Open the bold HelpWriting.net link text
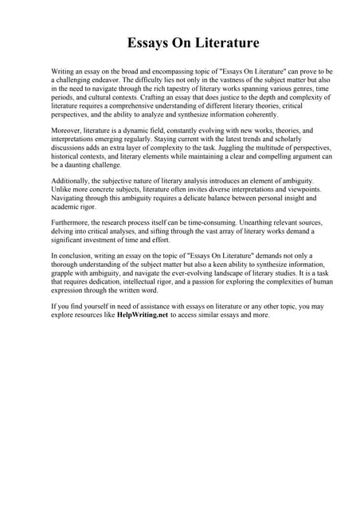(143, 315)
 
